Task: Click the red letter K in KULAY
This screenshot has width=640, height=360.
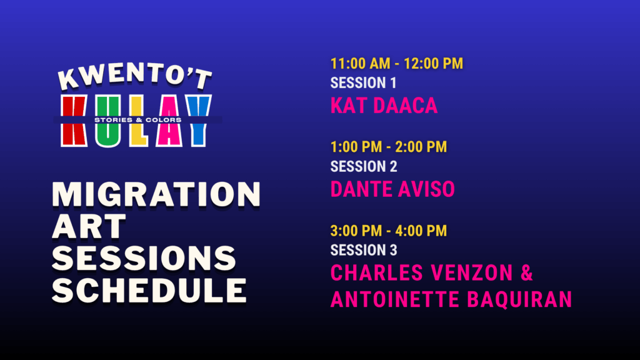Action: [74, 121]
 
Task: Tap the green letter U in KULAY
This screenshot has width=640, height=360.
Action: [109, 121]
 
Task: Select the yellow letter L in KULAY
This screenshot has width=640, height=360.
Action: [138, 121]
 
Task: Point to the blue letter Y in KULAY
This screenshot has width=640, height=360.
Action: [197, 121]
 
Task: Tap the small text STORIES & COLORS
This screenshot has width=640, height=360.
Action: [138, 120]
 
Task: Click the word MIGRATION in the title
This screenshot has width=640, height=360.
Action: [156, 194]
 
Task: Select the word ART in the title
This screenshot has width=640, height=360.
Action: [89, 226]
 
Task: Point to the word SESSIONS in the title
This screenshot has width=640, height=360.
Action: [144, 258]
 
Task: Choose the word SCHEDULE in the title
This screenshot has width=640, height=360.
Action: [149, 290]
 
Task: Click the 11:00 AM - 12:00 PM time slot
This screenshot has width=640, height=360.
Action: [397, 64]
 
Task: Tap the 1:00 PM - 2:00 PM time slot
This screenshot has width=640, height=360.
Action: [389, 147]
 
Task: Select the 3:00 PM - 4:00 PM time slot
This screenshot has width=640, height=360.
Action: [389, 231]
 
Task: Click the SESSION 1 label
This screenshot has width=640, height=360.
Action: [363, 83]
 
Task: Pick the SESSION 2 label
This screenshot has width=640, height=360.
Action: [364, 166]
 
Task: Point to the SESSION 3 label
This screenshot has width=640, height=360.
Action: [364, 250]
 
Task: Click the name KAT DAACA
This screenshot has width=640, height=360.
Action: [384, 106]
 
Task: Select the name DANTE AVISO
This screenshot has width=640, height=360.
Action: [392, 189]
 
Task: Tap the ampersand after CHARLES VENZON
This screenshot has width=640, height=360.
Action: [527, 272]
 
